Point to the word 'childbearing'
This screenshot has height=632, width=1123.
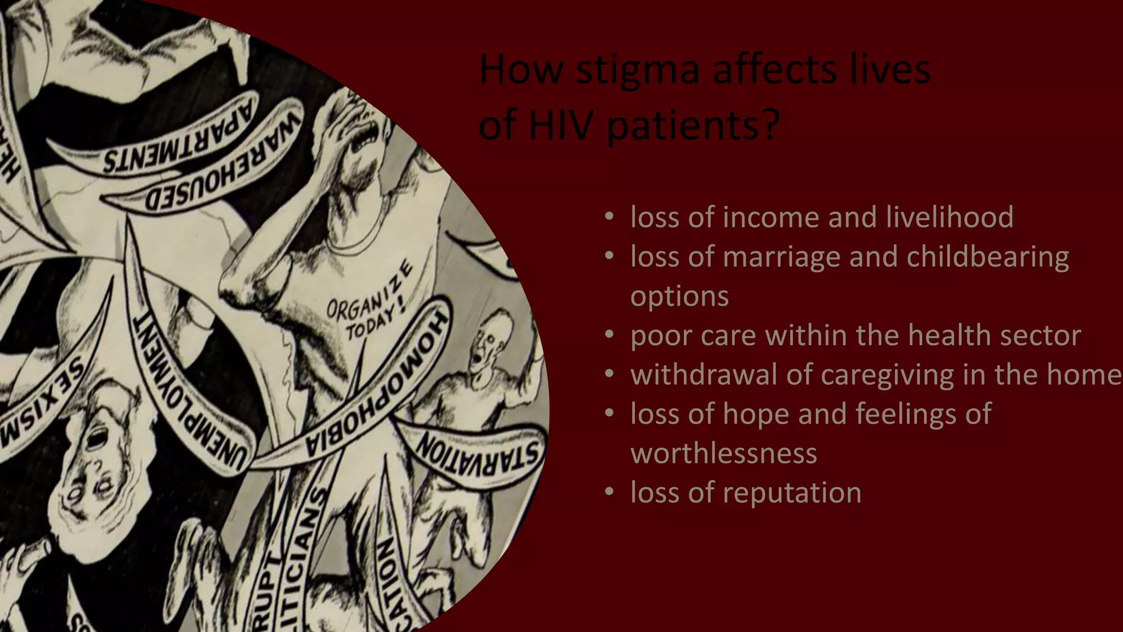point(987,257)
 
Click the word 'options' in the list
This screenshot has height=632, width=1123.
point(679,296)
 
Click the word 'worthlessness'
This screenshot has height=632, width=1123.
point(724,454)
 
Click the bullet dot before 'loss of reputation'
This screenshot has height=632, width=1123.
point(609,493)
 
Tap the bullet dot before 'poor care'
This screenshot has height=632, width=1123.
point(609,335)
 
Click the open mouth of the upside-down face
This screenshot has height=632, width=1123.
point(99,439)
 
